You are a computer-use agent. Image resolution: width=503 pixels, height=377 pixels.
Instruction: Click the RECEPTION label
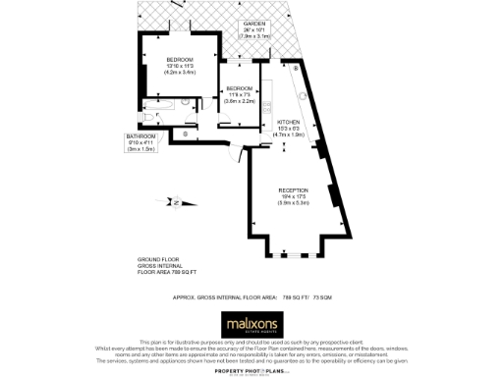coord(294,189)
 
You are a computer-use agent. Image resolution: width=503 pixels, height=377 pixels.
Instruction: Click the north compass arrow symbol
coord(173,202)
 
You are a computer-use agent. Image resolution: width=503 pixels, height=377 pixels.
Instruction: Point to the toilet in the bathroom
coord(149,116)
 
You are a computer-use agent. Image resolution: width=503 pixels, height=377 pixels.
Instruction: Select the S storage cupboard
coord(186,132)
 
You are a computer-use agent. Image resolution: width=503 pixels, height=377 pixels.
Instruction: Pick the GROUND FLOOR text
coord(158,259)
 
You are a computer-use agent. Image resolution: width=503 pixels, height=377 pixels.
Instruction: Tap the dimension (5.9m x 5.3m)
coord(294,203)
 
